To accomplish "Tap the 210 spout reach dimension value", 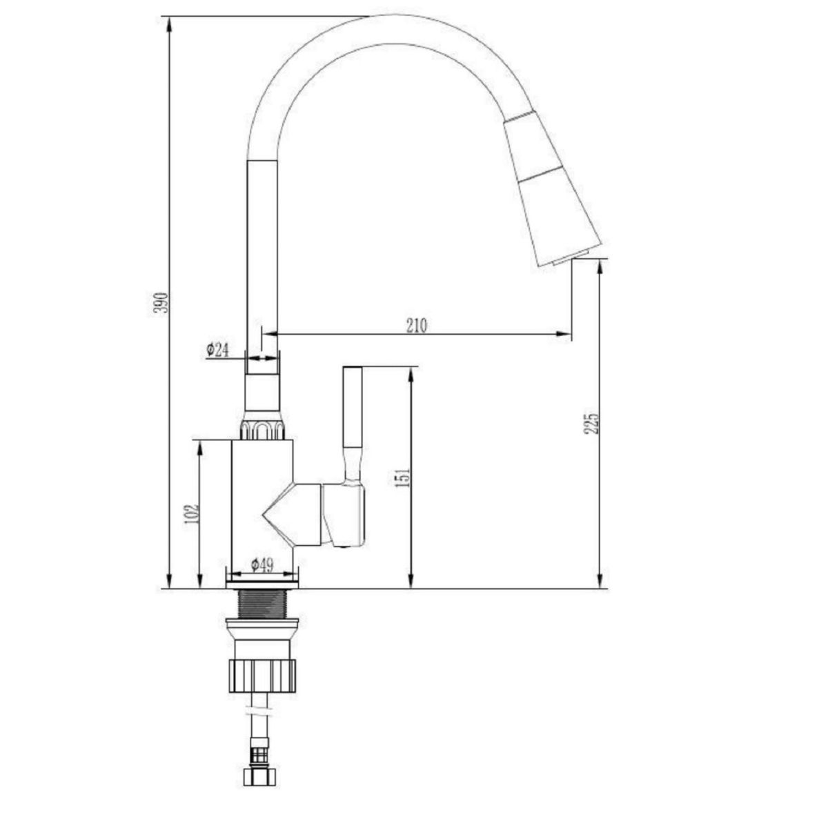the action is [x=417, y=325].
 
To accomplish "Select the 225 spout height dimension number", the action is [x=591, y=424].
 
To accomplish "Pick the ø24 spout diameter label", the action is [x=217, y=351].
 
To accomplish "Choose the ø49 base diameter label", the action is [x=262, y=564].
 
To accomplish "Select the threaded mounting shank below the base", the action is [x=262, y=604].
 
